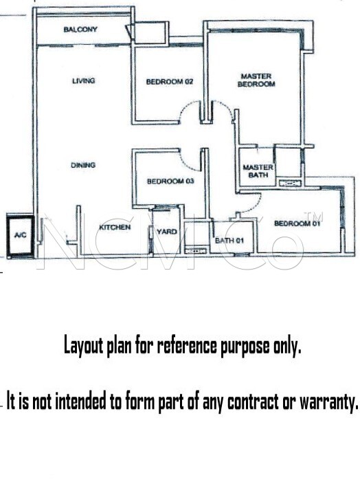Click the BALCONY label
[x=80, y=30]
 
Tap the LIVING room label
[x=84, y=81]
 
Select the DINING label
[x=83, y=165]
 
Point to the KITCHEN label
[x=115, y=227]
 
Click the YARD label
[x=167, y=232]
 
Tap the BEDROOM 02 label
[x=170, y=82]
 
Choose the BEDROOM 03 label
[x=170, y=182]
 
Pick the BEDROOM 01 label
[x=297, y=223]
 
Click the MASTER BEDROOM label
[x=256, y=80]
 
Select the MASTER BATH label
[x=258, y=171]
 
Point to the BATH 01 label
[x=229, y=241]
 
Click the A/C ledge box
[x=20, y=235]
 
